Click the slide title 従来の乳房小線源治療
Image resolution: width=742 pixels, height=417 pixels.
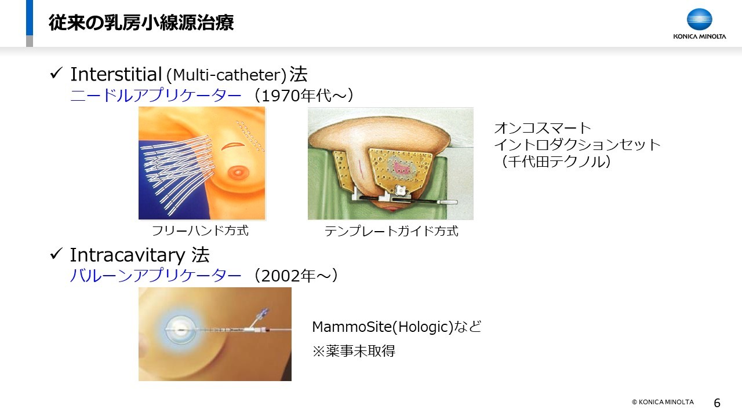141,23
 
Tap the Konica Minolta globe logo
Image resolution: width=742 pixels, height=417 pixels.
699,20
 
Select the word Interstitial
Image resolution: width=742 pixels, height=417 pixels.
116,74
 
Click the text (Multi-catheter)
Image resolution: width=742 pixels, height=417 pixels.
226,75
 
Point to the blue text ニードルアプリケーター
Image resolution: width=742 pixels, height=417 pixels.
156,96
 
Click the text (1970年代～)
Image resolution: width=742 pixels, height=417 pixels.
303,96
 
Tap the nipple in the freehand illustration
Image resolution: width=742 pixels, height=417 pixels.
238,172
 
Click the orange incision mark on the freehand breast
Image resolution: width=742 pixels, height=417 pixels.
233,146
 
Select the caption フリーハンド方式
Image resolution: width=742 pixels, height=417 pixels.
200,231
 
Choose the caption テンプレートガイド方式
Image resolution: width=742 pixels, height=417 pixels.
391,231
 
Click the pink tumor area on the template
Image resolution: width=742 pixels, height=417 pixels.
402,167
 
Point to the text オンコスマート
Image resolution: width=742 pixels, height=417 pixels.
543,128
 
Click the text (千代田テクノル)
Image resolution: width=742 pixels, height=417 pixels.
555,161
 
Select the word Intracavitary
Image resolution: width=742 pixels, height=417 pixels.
128,255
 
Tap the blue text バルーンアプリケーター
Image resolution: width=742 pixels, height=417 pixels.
156,275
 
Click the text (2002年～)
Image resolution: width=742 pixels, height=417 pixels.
296,275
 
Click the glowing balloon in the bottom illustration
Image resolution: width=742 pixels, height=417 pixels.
180,330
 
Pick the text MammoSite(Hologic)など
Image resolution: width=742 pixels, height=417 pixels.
397,327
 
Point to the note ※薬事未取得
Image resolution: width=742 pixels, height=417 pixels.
354,351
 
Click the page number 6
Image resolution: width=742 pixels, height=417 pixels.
717,403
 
